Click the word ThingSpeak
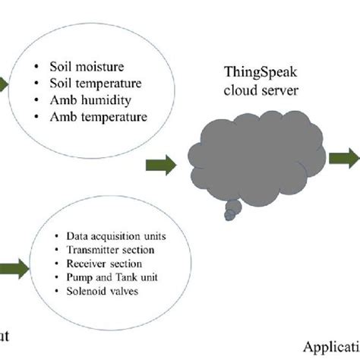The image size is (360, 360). click(260, 73)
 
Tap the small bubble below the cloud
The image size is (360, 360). click(229, 217)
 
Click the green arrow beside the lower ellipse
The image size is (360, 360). click(13, 267)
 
